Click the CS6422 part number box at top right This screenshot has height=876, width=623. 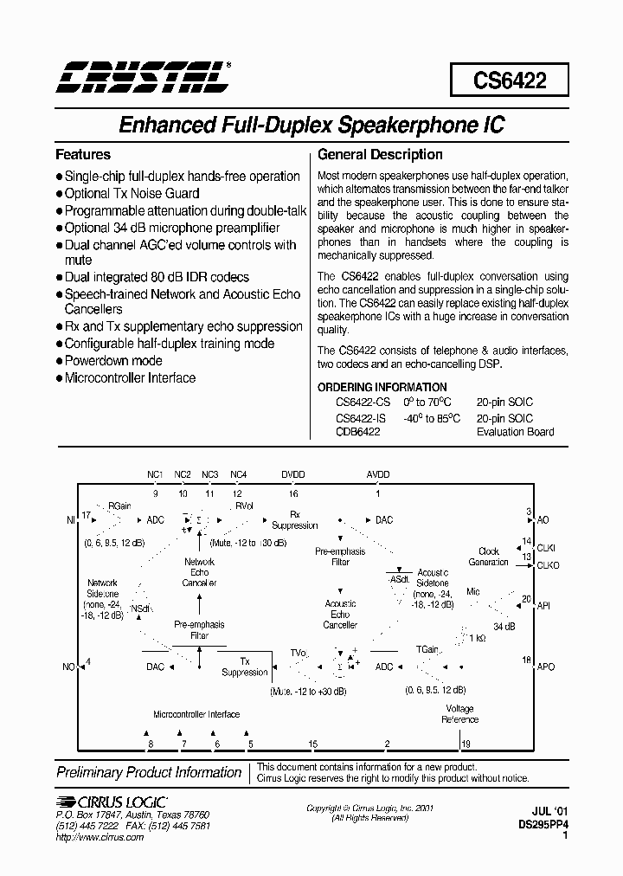[x=509, y=81]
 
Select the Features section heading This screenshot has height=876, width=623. [x=83, y=155]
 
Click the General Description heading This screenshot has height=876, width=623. [x=380, y=155]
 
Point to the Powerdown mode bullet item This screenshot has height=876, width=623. [x=113, y=361]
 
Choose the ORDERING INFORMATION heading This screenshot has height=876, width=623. [x=382, y=387]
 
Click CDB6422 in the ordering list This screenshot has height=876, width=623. [x=357, y=431]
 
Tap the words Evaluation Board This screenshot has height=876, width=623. [x=515, y=431]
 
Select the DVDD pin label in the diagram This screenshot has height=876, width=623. [x=293, y=475]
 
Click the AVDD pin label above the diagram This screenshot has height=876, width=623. [x=378, y=475]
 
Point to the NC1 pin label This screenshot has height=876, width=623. [x=155, y=475]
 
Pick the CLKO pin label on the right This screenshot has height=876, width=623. [x=549, y=565]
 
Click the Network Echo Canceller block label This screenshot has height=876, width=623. [x=200, y=572]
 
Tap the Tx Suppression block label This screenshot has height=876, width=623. [x=245, y=667]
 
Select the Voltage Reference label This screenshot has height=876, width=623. [x=459, y=714]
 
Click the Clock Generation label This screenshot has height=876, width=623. [x=489, y=557]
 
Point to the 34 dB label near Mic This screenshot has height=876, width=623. [x=504, y=626]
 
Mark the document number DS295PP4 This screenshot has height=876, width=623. [x=543, y=826]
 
